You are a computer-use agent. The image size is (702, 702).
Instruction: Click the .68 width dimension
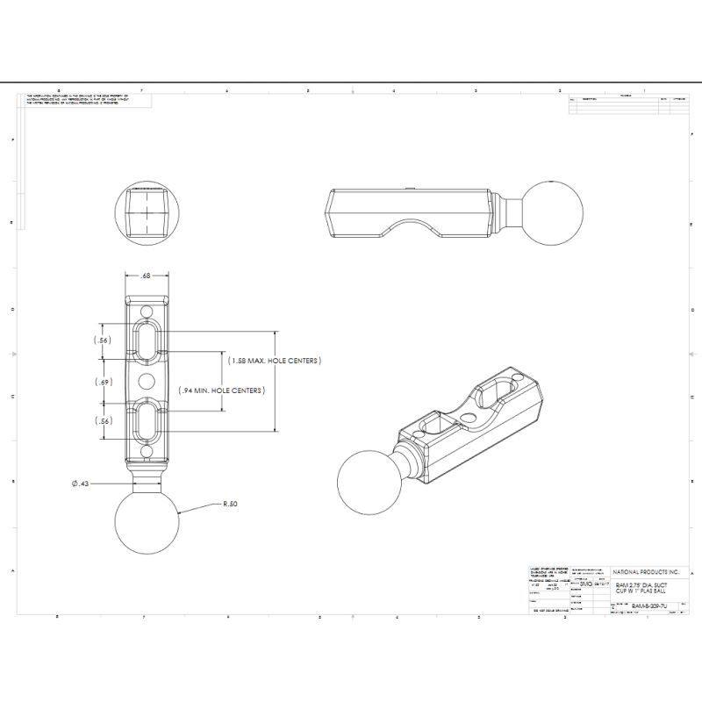(146, 276)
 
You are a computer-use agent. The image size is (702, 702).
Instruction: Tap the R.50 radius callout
(231, 505)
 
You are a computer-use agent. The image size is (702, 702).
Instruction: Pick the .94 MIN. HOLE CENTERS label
(221, 390)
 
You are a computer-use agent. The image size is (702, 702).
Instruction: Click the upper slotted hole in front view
(147, 340)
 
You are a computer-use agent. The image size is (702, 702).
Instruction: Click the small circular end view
(147, 212)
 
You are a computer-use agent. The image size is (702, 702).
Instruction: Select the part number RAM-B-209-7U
(648, 606)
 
